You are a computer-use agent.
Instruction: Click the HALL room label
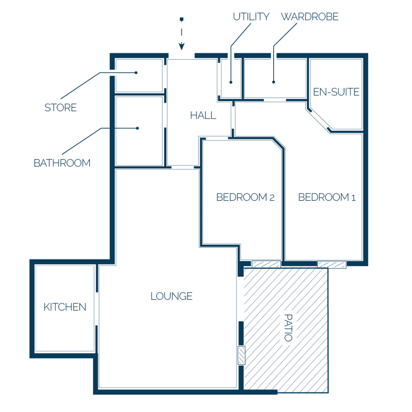click(203, 115)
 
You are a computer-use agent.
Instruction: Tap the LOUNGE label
click(171, 296)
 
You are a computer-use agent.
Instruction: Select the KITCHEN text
click(65, 307)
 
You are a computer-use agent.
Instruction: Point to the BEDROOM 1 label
click(327, 197)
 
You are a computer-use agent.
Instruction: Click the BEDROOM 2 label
click(245, 197)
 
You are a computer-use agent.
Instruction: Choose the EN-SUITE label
click(336, 92)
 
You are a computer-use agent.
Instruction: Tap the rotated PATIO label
click(288, 328)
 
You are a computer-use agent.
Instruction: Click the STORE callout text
click(61, 107)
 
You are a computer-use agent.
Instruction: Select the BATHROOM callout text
click(62, 163)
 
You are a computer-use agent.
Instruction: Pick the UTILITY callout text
click(251, 16)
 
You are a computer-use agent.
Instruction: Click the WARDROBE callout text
click(310, 16)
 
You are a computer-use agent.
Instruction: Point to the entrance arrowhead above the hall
click(181, 47)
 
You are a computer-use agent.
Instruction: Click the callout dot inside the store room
click(136, 73)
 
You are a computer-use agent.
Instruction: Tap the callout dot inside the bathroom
click(138, 128)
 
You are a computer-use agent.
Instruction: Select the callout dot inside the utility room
click(231, 82)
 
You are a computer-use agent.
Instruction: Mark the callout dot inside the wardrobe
click(274, 82)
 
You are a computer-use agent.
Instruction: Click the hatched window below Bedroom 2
click(266, 264)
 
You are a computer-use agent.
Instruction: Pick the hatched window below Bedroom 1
click(332, 264)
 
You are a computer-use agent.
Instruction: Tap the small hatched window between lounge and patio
click(241, 356)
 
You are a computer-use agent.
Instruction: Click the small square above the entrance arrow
click(181, 19)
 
